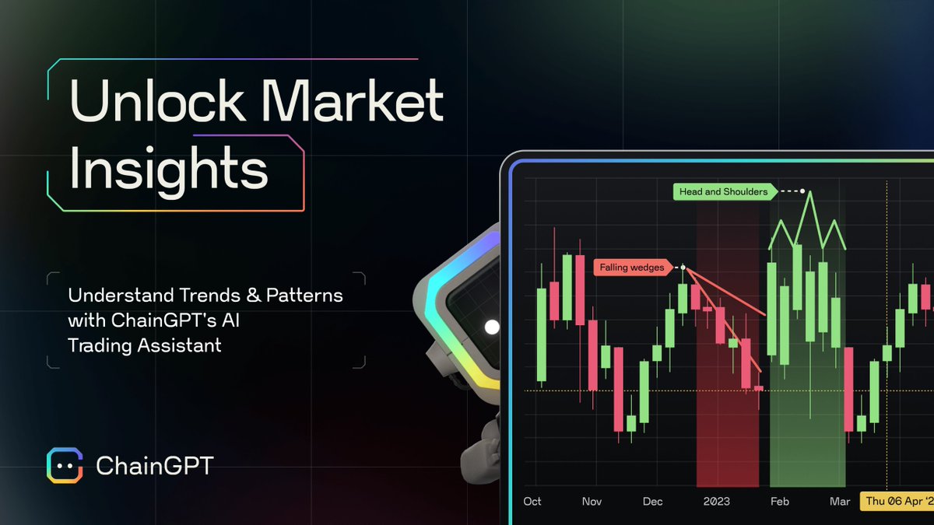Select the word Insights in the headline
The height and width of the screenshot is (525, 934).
(168, 171)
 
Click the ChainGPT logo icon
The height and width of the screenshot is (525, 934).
(64, 465)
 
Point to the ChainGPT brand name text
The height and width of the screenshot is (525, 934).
(154, 466)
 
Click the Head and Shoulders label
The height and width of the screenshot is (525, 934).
(723, 191)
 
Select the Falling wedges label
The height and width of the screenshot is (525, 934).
(632, 268)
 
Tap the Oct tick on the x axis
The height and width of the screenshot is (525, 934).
(532, 502)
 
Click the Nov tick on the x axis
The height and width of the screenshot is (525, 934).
(592, 502)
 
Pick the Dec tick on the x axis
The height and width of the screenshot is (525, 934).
(652, 502)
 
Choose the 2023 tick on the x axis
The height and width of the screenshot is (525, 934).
(716, 502)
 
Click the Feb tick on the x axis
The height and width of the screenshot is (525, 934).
(779, 502)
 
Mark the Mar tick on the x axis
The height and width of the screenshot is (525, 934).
(840, 502)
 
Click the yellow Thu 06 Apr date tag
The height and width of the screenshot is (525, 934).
(897, 502)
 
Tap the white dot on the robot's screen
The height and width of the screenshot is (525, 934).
(492, 327)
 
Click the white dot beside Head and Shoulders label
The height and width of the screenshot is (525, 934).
(803, 191)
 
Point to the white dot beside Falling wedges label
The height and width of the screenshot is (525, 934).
(683, 268)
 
